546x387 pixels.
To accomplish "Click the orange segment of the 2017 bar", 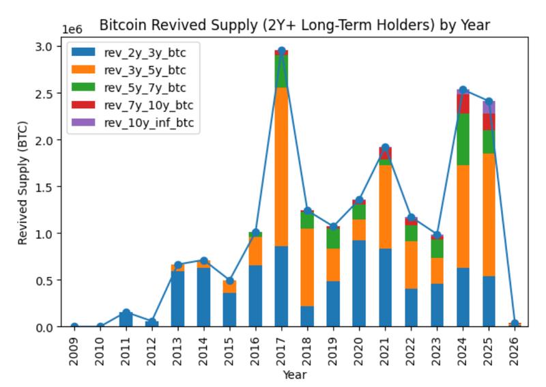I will pyautogui.click(x=281, y=167).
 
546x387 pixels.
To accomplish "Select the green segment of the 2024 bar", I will pyautogui.click(x=463, y=139).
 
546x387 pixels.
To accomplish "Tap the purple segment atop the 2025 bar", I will pyautogui.click(x=489, y=107).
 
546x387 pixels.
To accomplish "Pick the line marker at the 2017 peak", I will pyautogui.click(x=281, y=51).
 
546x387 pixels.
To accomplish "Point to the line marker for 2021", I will pyautogui.click(x=385, y=147).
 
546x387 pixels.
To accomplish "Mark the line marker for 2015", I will pyautogui.click(x=229, y=281).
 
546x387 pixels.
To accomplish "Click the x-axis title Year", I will pyautogui.click(x=294, y=375).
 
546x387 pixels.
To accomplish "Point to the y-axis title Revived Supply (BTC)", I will pyautogui.click(x=23, y=186).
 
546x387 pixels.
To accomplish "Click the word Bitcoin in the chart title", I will pyautogui.click(x=119, y=25).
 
